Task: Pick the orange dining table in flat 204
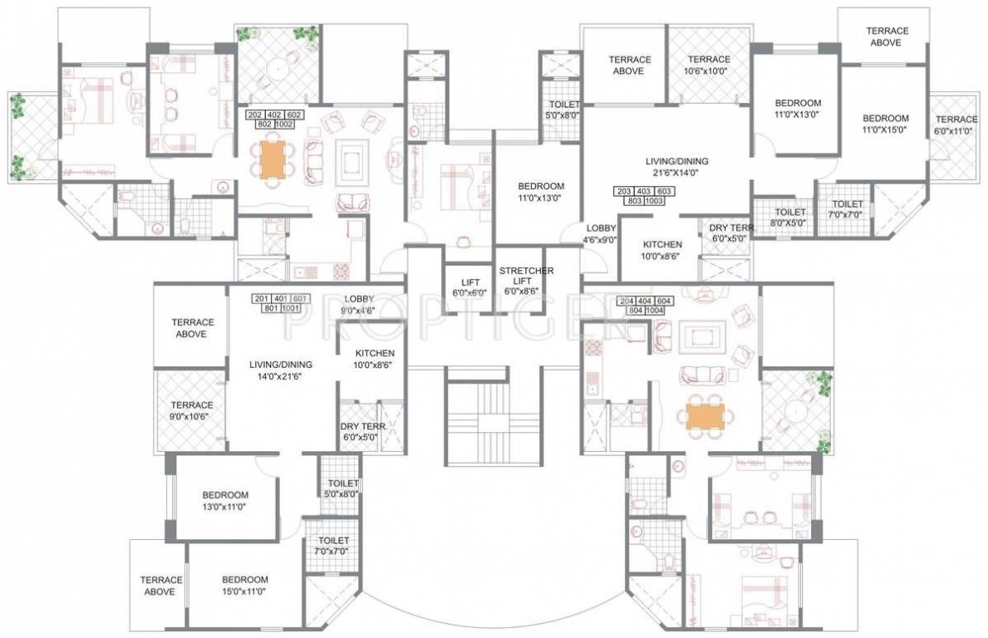pos(705,416)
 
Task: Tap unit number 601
pos(300,298)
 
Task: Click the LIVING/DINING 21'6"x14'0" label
pos(680,166)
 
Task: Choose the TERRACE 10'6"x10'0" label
pos(708,65)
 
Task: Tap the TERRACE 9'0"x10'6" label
pos(192,410)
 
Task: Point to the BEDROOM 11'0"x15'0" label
pos(885,124)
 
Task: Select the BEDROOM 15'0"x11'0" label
pos(245,585)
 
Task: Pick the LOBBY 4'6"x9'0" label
pos(601,233)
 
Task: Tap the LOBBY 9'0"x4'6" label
pos(359,304)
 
